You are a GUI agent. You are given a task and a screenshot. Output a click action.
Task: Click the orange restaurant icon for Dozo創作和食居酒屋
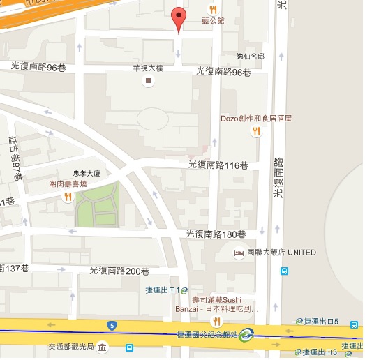pyautogui.click(x=257, y=131)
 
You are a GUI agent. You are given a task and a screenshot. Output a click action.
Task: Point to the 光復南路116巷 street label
pyautogui.click(x=218, y=165)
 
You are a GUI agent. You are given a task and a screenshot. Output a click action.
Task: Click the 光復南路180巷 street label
pyautogui.click(x=216, y=234)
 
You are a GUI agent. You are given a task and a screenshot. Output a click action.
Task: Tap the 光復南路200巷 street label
pyautogui.click(x=120, y=271)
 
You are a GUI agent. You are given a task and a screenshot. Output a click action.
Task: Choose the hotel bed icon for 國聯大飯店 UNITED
pyautogui.click(x=239, y=253)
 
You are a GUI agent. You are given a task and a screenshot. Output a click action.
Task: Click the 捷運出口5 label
pyautogui.click(x=322, y=321)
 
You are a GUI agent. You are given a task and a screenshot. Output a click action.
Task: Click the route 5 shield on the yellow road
pyautogui.click(x=112, y=325)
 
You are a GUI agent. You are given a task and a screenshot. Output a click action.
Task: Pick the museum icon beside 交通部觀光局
pyautogui.click(x=102, y=347)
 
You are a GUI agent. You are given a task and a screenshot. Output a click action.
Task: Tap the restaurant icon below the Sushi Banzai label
pyautogui.click(x=216, y=321)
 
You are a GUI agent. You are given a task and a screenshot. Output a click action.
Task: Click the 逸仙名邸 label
pyautogui.click(x=251, y=55)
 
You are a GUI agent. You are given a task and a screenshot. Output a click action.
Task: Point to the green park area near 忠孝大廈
pyautogui.click(x=98, y=204)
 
